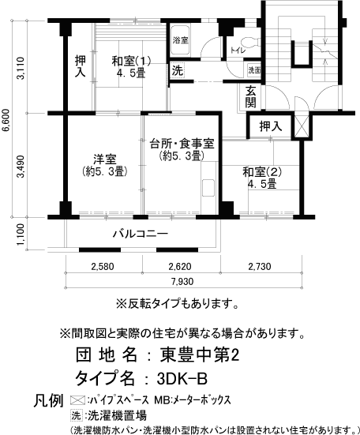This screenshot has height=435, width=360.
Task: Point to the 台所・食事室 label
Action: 182,143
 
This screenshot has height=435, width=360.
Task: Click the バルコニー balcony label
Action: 139,234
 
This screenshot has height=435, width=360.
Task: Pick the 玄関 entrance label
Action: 250,97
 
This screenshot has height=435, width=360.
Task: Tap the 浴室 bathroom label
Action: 181,39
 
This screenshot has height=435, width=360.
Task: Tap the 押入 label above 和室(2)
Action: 270,126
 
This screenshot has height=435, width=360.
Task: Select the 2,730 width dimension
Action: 261,266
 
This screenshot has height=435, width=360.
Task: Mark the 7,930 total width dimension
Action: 182,282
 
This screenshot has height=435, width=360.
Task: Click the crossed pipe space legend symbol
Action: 77,399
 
